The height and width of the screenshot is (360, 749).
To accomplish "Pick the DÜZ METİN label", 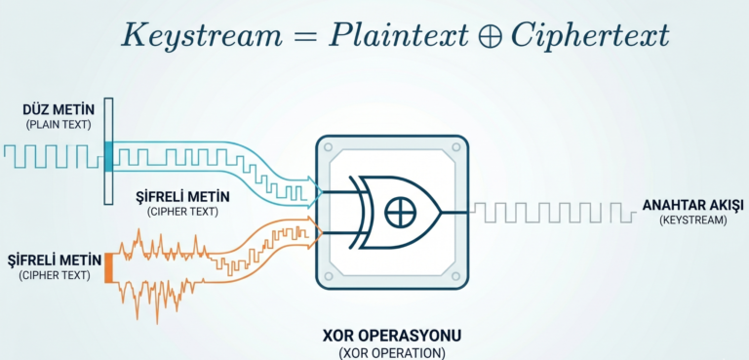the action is click(59, 110).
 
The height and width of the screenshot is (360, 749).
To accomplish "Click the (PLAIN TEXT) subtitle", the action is click(59, 125).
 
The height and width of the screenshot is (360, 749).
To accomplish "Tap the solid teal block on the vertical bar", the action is click(109, 156).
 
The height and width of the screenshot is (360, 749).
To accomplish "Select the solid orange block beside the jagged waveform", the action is click(108, 267).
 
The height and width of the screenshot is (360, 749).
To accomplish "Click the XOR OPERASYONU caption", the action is click(392, 336).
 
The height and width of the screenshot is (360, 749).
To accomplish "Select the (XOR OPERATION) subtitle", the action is click(392, 353).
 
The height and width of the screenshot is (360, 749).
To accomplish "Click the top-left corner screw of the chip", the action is click(328, 147).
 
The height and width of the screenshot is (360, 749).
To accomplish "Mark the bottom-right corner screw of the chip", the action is click(456, 277).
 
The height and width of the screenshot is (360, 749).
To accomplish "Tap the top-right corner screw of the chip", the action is click(456, 147).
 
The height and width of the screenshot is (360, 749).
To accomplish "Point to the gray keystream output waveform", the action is click(554, 213).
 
